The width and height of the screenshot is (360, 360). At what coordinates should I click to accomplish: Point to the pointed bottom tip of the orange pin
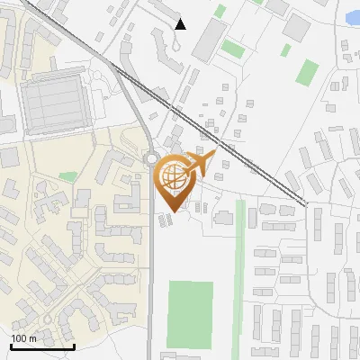point(172,211)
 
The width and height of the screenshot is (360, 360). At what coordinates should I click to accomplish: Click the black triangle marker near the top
point(181,23)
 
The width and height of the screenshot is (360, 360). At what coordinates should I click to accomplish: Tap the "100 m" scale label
point(24,338)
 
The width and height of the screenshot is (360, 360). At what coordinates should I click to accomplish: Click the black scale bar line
point(42,346)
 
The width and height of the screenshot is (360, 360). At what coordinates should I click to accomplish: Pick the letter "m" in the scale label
point(32,338)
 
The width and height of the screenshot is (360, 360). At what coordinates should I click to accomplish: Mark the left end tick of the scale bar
point(11,345)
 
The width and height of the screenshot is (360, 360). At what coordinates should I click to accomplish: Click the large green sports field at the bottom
point(191,314)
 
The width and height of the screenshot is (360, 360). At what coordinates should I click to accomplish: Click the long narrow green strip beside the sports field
point(240,270)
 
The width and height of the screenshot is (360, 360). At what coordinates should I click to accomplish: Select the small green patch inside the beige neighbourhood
point(68,176)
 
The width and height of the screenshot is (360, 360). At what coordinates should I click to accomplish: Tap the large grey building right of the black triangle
point(208,39)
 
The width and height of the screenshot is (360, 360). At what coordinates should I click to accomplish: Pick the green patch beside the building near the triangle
point(232,48)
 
